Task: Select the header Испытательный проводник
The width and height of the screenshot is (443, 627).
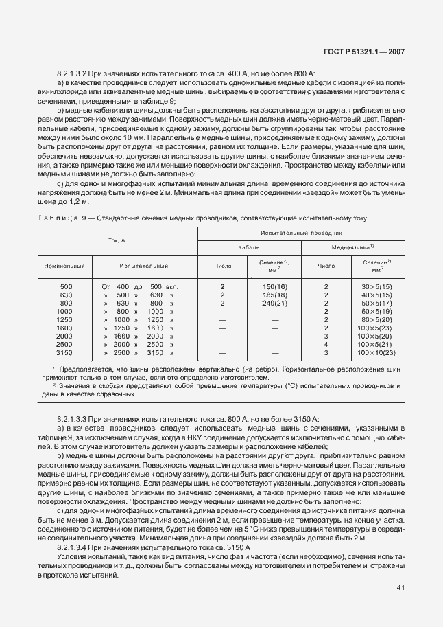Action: pyautogui.click(x=300, y=233)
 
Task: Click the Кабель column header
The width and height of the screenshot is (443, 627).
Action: pyautogui.click(x=248, y=247)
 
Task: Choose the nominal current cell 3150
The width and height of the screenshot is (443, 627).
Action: pyautogui.click(x=64, y=352)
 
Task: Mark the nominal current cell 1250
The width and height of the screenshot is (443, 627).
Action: pyautogui.click(x=64, y=319)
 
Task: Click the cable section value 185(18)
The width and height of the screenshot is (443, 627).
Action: pyautogui.click(x=274, y=295)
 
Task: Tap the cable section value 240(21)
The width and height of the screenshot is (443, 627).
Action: pyautogui.click(x=274, y=303)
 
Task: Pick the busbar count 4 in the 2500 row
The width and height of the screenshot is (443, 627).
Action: pyautogui.click(x=326, y=344)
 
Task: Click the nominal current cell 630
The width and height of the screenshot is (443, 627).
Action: pyautogui.click(x=66, y=295)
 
